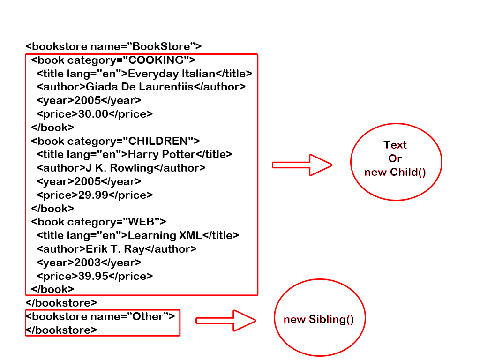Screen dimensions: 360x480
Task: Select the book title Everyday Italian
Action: (171, 74)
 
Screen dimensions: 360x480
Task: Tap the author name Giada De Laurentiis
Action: (140, 87)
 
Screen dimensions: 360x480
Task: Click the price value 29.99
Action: (93, 195)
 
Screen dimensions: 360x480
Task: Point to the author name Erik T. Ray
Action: (115, 249)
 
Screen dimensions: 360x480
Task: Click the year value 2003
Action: (87, 262)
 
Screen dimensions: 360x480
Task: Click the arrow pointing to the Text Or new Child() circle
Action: (302, 165)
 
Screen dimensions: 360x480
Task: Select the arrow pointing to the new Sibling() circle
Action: (225, 321)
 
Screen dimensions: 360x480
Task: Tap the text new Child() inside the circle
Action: (395, 172)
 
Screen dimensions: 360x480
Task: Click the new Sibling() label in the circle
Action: (319, 320)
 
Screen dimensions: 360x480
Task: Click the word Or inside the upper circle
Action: (395, 158)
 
